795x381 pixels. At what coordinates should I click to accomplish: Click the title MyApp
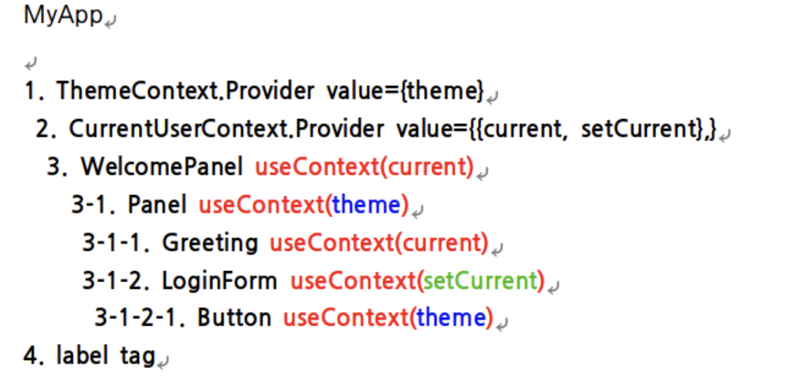(x=63, y=16)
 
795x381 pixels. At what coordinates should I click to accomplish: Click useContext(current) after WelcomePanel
(x=364, y=167)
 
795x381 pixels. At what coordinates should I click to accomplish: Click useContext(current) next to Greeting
(x=378, y=243)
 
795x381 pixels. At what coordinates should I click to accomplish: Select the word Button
(x=234, y=318)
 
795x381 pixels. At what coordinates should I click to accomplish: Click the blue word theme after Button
(x=451, y=318)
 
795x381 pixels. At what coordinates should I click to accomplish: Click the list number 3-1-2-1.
(x=140, y=318)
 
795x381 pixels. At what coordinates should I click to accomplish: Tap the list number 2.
(x=45, y=129)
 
